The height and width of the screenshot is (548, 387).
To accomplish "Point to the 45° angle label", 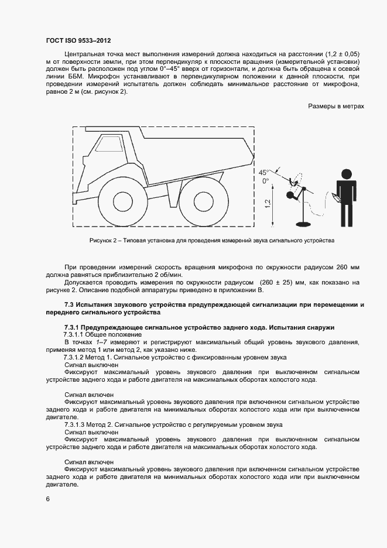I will [264, 172].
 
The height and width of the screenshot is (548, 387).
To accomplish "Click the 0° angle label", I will [265, 181].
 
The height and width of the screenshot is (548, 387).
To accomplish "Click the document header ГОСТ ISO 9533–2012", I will [78, 42].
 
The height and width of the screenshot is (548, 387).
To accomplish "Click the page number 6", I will [48, 498].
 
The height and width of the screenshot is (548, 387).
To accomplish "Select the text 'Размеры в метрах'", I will [336, 106].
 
